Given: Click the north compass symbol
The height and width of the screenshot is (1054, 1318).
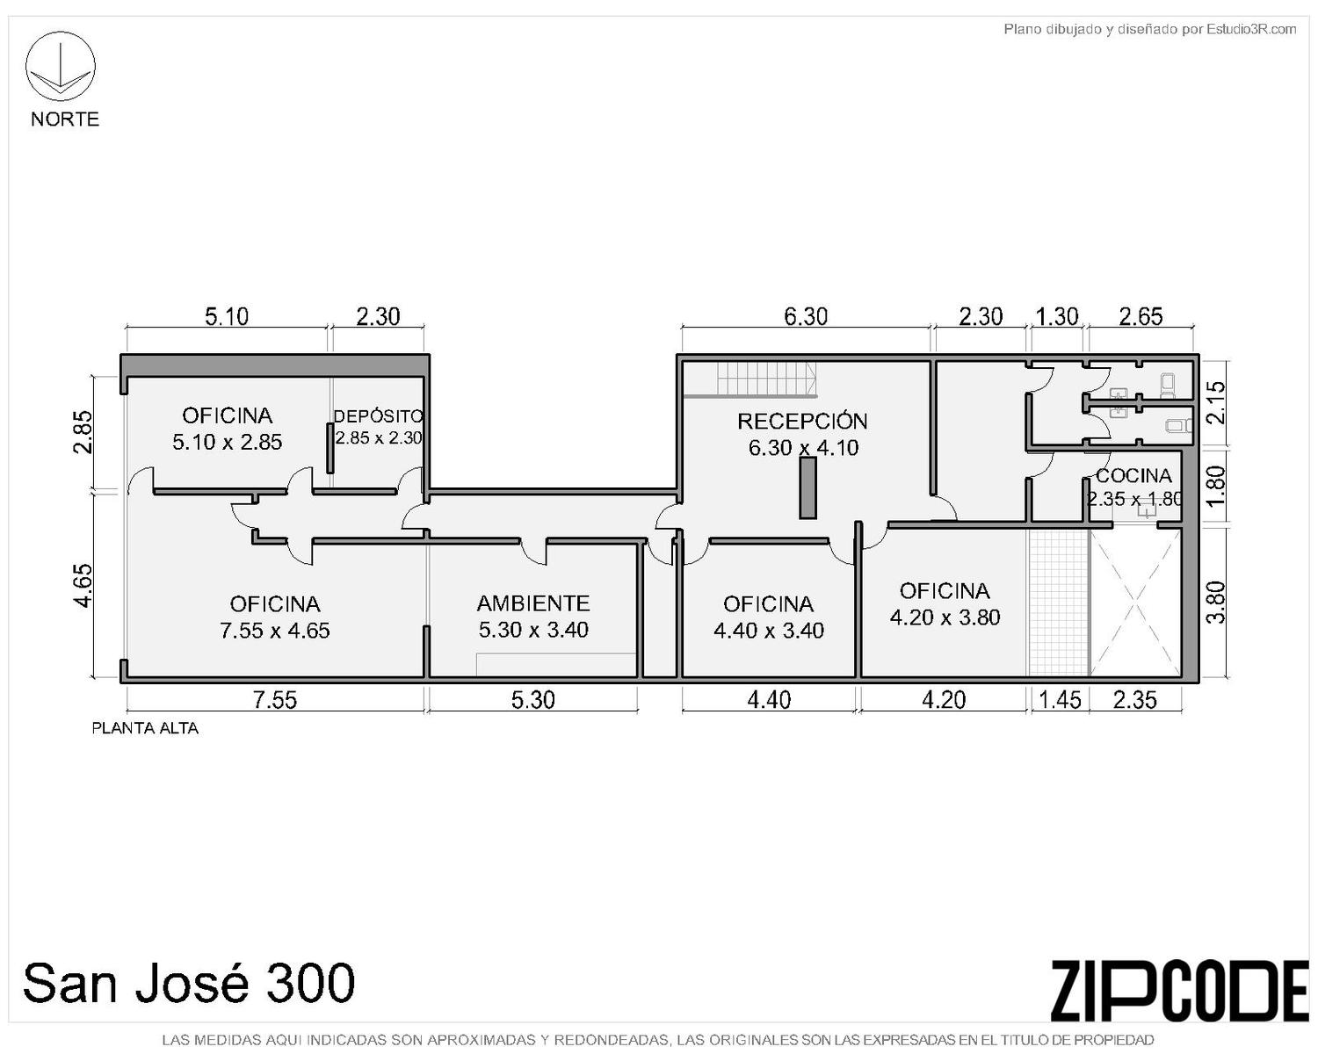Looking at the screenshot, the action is (60, 66).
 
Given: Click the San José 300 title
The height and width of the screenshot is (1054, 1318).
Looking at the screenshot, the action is (189, 982).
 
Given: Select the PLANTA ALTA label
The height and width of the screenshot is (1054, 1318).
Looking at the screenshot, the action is (144, 729).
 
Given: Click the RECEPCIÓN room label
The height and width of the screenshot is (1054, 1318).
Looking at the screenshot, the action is (802, 422).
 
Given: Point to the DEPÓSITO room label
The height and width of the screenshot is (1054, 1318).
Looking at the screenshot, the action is (378, 416).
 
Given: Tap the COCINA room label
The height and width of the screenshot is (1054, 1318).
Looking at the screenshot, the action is (1133, 475).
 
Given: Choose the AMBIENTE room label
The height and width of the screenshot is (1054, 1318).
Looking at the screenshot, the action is (532, 603).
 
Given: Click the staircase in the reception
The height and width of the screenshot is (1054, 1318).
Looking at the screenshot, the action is (767, 379).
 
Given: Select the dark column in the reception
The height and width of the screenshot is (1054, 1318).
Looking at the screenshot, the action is (807, 488).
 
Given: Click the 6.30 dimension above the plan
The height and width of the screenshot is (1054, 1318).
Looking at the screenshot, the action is (806, 316).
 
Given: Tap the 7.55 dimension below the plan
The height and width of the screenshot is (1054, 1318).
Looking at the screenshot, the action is (275, 700).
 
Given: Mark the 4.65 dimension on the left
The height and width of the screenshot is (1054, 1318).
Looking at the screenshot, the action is (83, 585).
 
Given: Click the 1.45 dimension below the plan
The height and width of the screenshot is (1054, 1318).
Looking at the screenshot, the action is (1061, 700).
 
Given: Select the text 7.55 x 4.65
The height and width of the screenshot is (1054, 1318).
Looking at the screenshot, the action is (275, 630).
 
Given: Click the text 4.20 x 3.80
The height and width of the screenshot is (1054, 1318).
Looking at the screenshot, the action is (945, 617).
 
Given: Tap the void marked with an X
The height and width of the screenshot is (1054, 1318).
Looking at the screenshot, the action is (1135, 603).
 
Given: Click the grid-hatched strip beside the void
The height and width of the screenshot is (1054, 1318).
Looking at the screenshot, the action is (1059, 603).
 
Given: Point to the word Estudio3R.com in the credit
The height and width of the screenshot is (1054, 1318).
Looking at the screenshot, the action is (1251, 29).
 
